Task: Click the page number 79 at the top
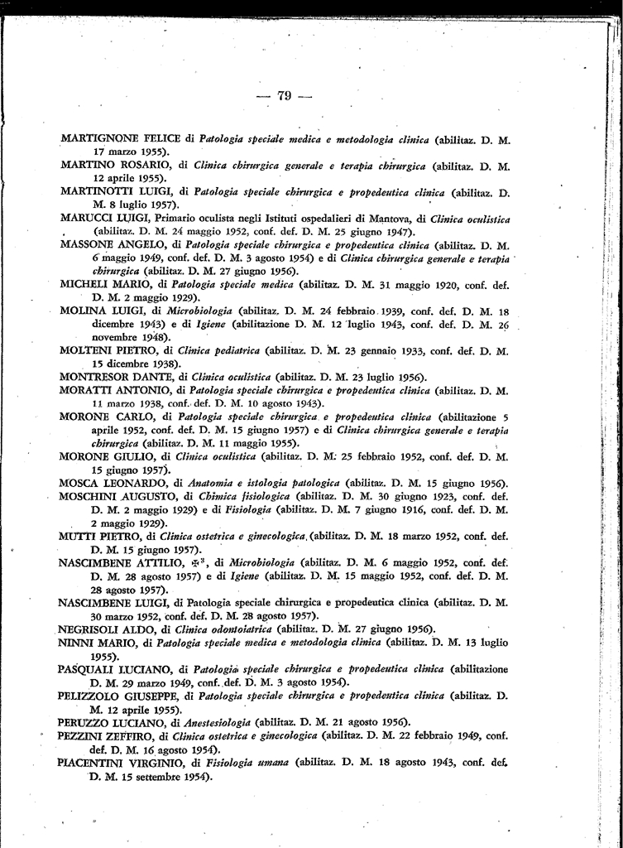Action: tap(284, 96)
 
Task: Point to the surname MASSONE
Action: tap(90, 245)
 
